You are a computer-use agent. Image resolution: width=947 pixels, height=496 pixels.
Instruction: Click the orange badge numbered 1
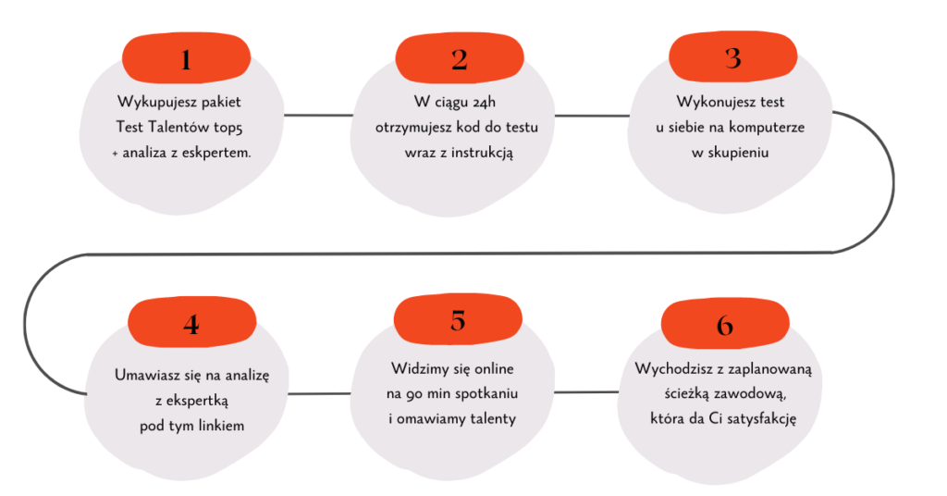point(186,60)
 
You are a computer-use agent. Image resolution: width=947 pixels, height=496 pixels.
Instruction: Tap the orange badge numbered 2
point(460,60)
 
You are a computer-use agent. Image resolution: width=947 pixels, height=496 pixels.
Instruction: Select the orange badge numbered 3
point(732,58)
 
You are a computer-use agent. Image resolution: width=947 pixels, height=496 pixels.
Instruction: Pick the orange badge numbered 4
point(191,324)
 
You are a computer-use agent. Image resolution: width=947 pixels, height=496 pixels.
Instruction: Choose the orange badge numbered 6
point(725,325)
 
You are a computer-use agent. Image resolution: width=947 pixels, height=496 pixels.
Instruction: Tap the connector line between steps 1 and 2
point(319,116)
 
